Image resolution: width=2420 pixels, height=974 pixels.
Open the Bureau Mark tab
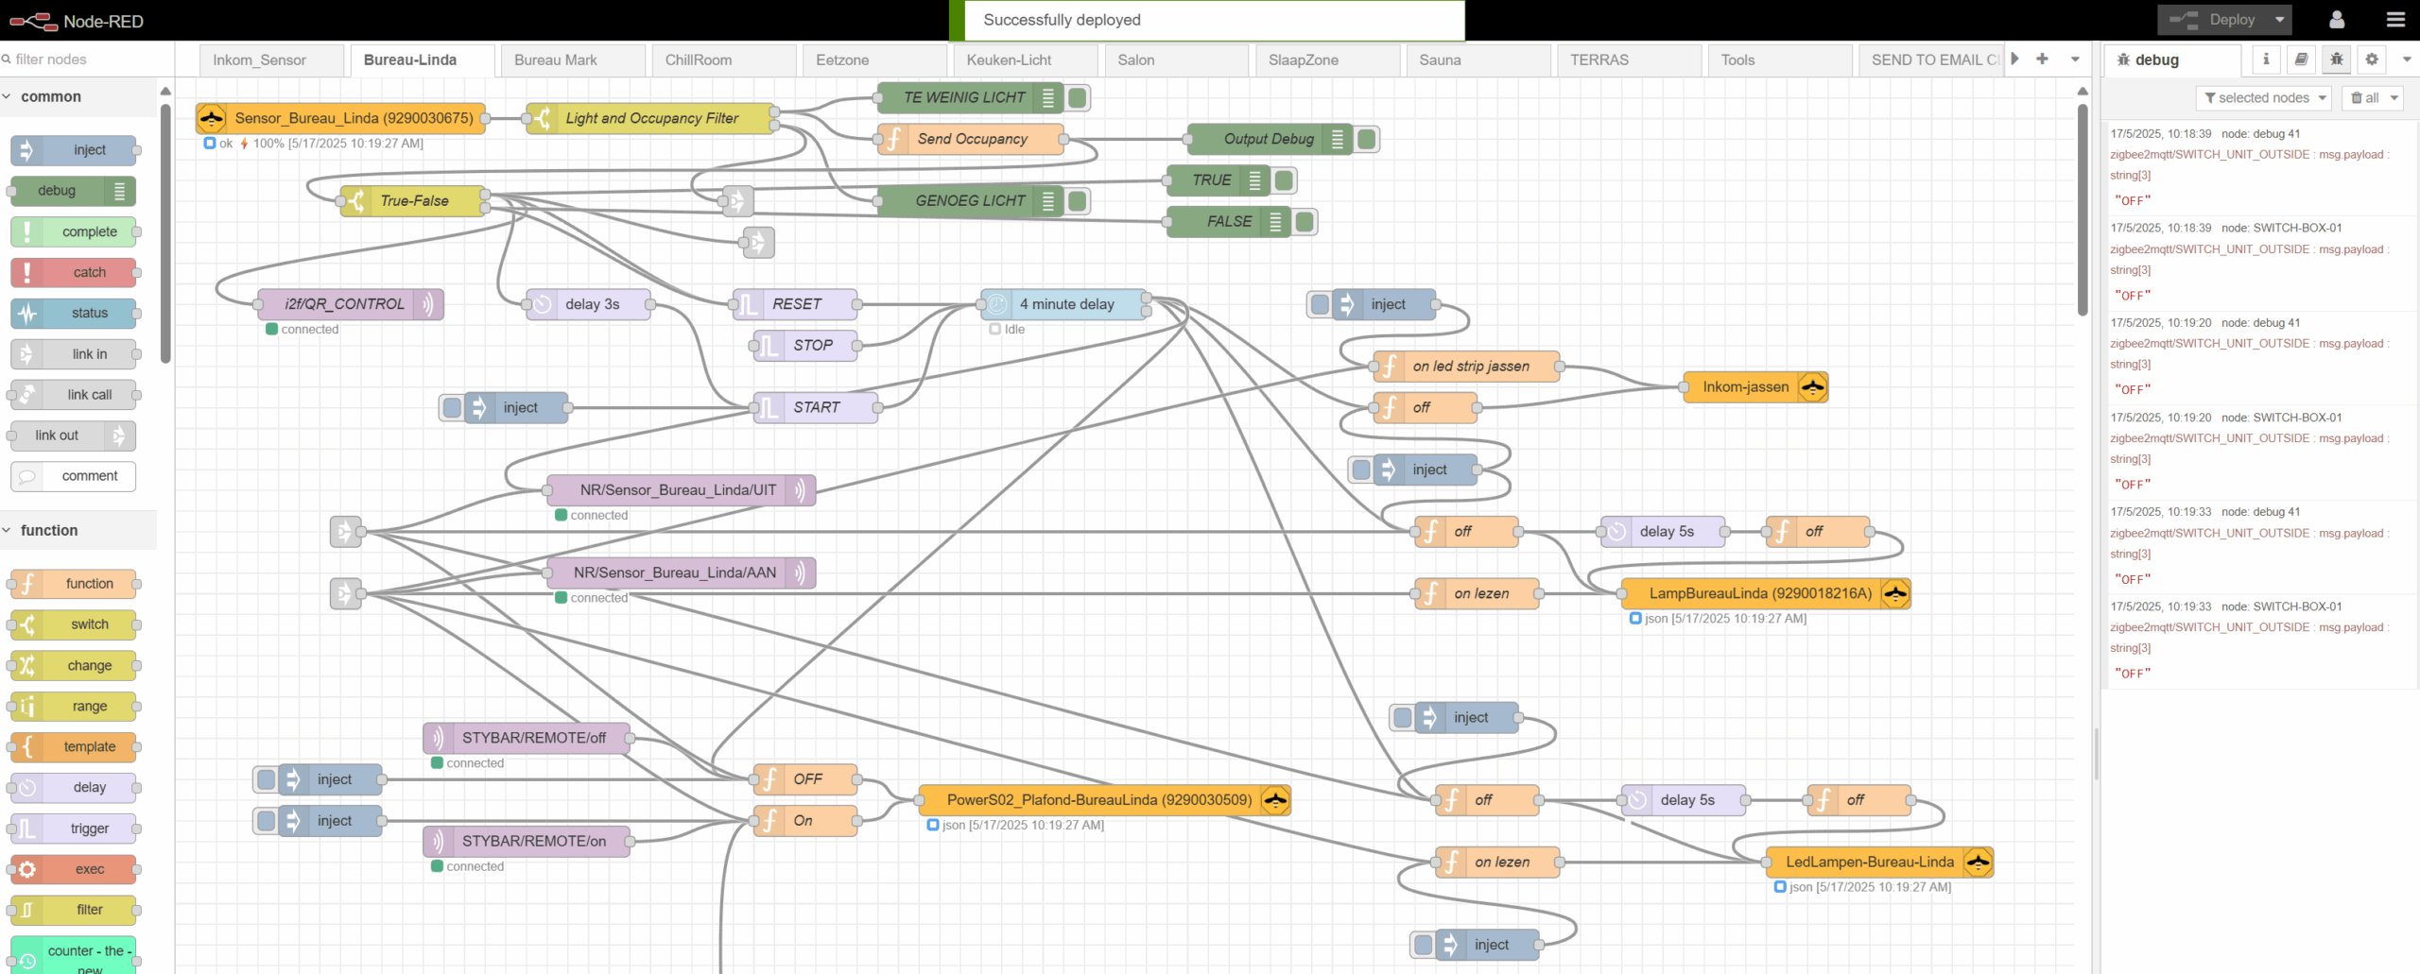(x=556, y=60)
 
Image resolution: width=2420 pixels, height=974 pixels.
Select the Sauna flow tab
(x=1440, y=60)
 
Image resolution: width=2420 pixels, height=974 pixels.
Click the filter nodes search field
(x=85, y=59)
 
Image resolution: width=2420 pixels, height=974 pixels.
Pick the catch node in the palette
(x=74, y=273)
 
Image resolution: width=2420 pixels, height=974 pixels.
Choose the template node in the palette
(x=74, y=746)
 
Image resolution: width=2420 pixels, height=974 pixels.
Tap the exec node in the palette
(x=74, y=869)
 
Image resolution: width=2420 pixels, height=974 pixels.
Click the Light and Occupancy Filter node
(x=651, y=118)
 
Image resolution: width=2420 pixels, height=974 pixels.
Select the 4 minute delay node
(x=1064, y=304)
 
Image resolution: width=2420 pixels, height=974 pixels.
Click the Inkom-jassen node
(x=1755, y=387)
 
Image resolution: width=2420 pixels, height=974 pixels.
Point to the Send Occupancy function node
(x=971, y=139)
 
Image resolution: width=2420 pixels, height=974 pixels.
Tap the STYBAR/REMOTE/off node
(x=527, y=738)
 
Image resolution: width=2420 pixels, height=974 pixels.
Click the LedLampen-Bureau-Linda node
(x=1879, y=862)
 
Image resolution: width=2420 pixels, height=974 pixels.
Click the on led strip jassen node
(x=1466, y=366)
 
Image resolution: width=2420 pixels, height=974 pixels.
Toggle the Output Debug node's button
(x=1366, y=140)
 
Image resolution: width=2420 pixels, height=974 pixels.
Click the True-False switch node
(x=413, y=200)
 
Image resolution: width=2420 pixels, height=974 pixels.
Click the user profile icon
(x=2337, y=20)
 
